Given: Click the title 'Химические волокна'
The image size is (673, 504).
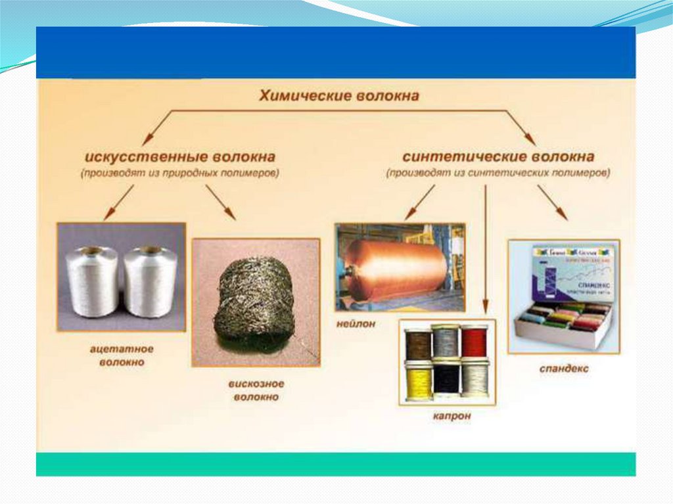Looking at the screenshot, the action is [339, 96].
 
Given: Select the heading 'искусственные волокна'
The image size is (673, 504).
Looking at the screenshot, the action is [179, 158].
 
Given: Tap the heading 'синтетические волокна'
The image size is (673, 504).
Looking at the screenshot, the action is [498, 158].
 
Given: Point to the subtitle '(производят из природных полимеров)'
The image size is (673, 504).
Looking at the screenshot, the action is [179, 174].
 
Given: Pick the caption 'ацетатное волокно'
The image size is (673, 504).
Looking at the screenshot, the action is [118, 355].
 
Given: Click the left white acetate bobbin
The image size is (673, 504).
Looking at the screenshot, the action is [93, 281].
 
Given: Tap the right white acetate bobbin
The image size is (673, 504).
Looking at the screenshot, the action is [150, 281].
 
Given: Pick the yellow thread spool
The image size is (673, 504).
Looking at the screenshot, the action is [418, 381].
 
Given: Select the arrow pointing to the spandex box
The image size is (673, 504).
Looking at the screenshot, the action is [552, 202].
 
